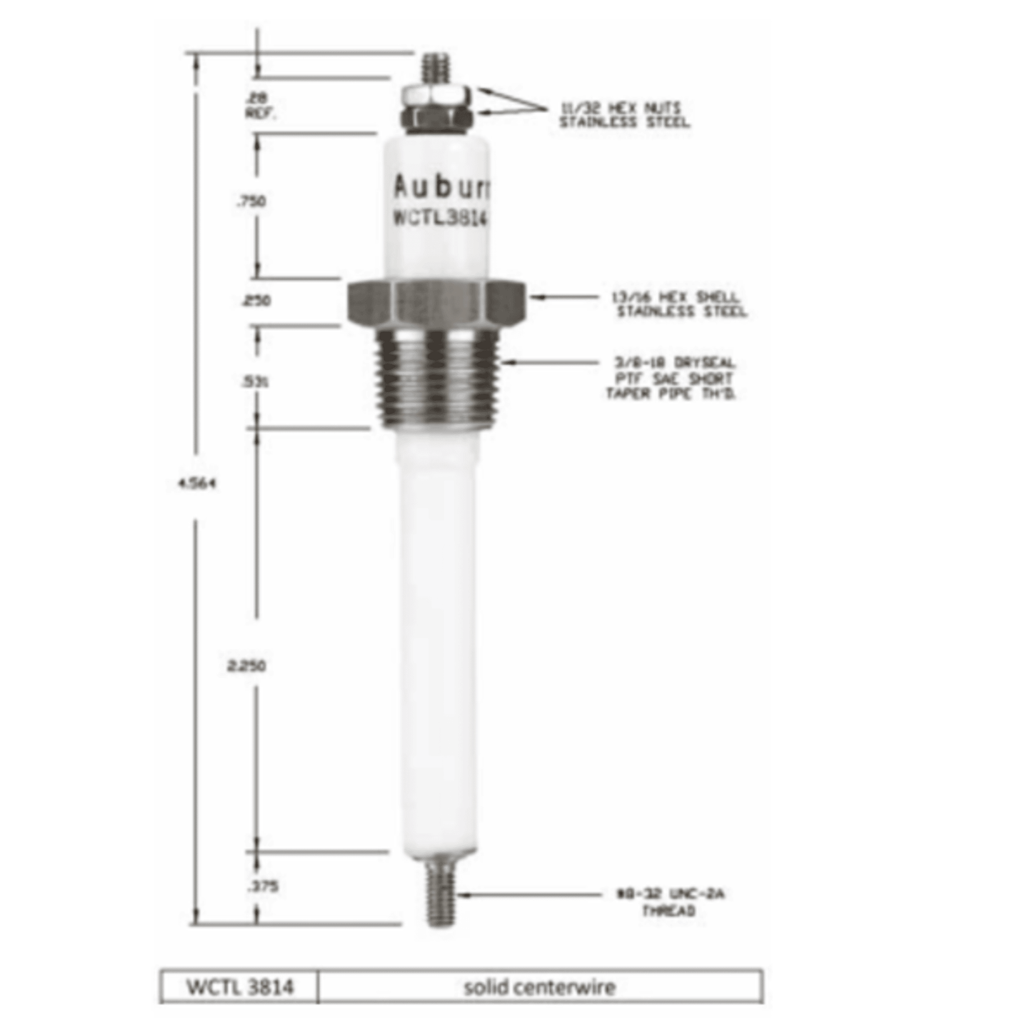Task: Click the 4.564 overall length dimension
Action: click(x=197, y=484)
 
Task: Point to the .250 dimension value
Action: click(x=255, y=301)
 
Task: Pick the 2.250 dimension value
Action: click(x=246, y=666)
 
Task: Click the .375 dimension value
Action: click(x=262, y=886)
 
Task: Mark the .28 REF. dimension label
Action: click(x=260, y=106)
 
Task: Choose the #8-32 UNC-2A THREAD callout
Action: click(x=669, y=902)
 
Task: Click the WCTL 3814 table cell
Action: click(x=240, y=987)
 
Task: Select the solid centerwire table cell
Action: click(x=540, y=987)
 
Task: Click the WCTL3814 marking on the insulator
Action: click(x=439, y=218)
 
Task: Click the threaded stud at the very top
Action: click(x=435, y=69)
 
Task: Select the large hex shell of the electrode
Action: click(x=436, y=302)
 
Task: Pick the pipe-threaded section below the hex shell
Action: click(x=438, y=379)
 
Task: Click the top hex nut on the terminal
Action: click(x=436, y=95)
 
